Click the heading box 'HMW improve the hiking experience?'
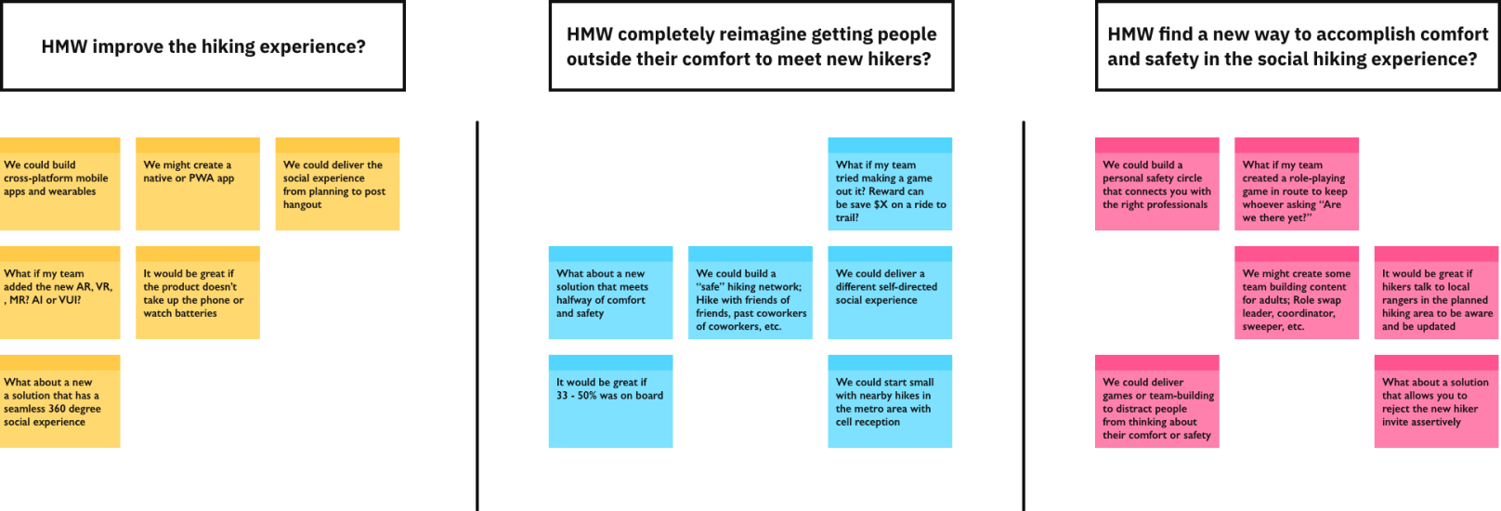(x=202, y=46)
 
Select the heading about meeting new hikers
(x=751, y=46)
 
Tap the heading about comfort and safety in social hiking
(x=1298, y=46)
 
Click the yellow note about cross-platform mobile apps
(x=60, y=184)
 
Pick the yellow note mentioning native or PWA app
(x=198, y=184)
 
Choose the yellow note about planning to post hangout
(x=338, y=184)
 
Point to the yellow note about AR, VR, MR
(x=60, y=293)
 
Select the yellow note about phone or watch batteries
(x=198, y=293)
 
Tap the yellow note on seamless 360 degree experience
(x=60, y=401)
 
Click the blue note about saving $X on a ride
(x=890, y=184)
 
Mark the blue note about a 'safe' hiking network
(x=750, y=293)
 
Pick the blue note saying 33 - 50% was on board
(x=610, y=401)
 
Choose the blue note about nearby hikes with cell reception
(x=890, y=401)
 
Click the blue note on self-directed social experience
(x=890, y=293)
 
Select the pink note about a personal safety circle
(x=1157, y=184)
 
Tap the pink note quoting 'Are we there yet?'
(x=1297, y=184)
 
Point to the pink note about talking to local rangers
(x=1437, y=293)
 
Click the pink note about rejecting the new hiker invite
(x=1437, y=401)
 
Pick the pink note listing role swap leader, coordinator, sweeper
(x=1297, y=293)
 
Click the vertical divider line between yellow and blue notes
(x=477, y=316)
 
